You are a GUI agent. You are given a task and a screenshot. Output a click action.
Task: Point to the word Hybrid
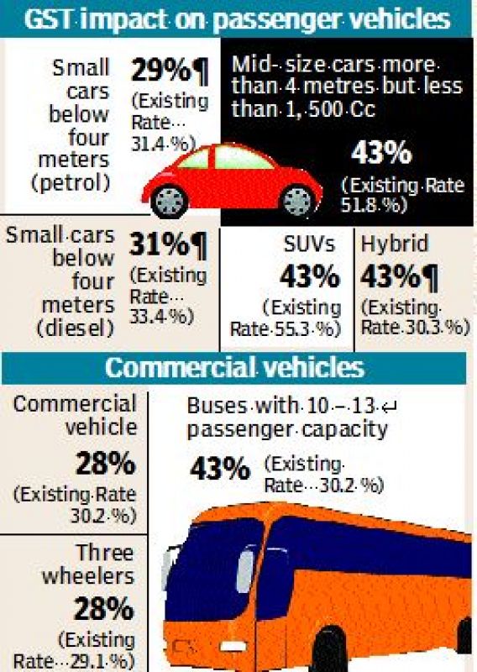(x=394, y=244)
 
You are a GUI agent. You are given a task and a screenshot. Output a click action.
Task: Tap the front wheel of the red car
(x=299, y=200)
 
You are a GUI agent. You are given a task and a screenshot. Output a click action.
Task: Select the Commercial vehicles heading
(x=235, y=368)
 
